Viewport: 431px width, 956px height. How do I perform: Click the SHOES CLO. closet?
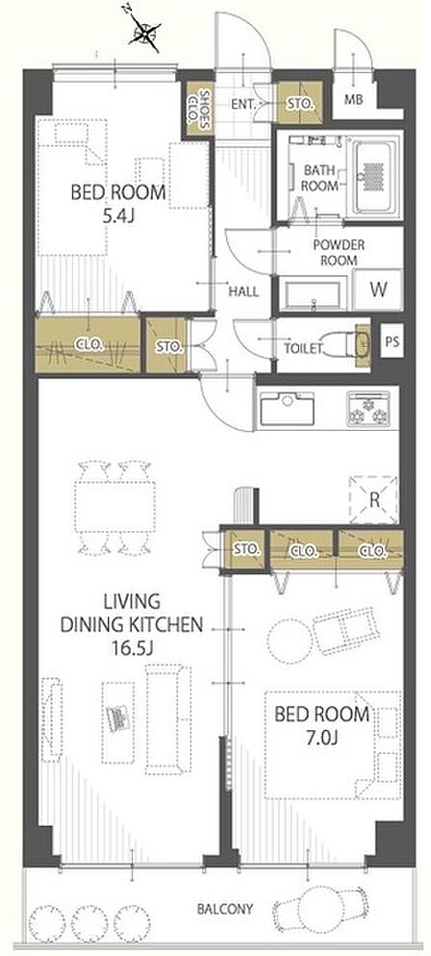pos(199,109)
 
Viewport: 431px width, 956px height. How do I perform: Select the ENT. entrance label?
pos(243,104)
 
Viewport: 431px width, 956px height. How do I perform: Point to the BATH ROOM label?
pos(320,177)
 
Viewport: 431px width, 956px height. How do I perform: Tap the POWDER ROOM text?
pos(339,252)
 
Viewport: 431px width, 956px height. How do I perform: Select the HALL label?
pos(243,292)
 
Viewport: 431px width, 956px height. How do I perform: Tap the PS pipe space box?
pos(392,342)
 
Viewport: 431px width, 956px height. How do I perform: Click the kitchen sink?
pos(287,408)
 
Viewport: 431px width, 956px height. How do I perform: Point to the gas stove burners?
pos(368,408)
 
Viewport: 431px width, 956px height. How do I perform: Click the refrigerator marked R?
pos(374,500)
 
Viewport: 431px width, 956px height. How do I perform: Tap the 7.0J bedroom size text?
pos(322,739)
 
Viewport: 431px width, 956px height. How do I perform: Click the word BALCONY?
pos(224,909)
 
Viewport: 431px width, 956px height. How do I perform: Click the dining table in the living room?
pos(115,507)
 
